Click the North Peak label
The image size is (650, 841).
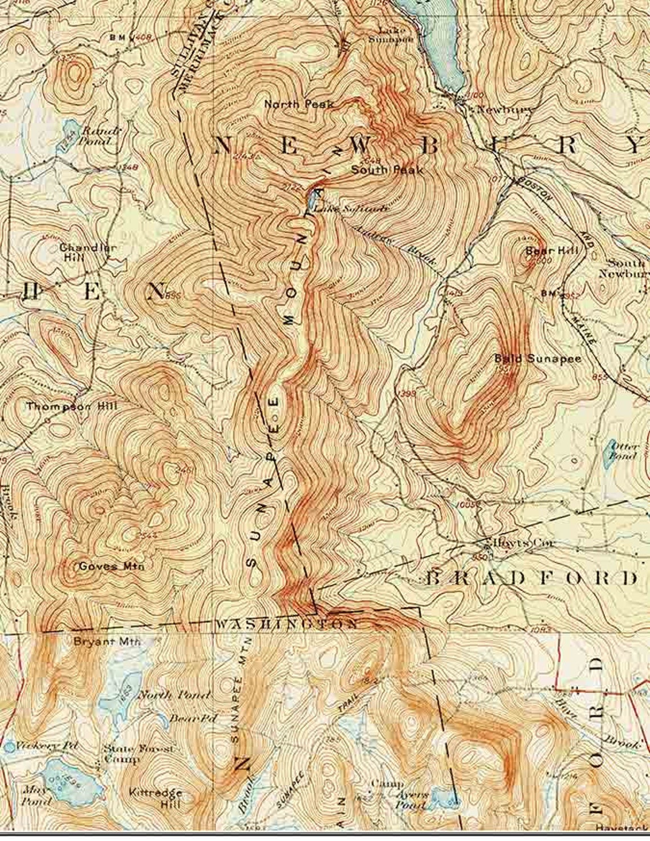tap(299, 104)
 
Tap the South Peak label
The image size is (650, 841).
tap(387, 170)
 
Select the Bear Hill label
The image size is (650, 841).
tap(551, 250)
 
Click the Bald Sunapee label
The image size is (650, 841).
tap(538, 358)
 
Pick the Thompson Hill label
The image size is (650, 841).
tap(71, 406)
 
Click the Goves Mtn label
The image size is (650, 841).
tap(112, 566)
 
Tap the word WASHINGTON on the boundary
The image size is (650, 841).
tap(287, 624)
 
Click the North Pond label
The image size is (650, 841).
tap(174, 695)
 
